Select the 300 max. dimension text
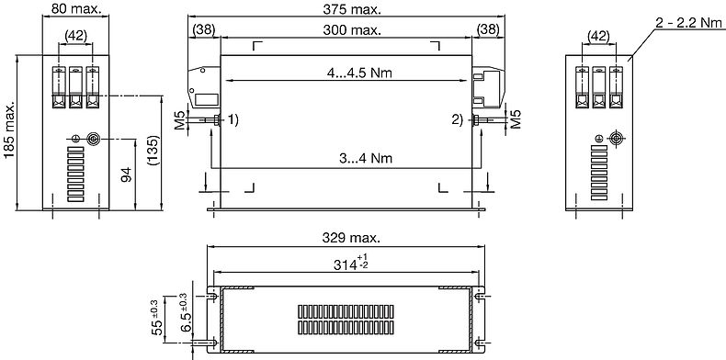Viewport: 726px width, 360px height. click(x=352, y=30)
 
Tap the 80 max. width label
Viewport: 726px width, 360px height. click(x=76, y=8)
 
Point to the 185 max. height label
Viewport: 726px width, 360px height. click(x=9, y=130)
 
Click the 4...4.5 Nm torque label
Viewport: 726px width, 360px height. click(x=357, y=73)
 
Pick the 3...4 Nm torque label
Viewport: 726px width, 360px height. click(x=366, y=158)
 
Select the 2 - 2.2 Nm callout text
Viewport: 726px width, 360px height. click(x=689, y=23)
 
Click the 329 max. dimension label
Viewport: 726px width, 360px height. click(x=351, y=238)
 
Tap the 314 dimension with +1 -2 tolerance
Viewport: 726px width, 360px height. click(x=351, y=263)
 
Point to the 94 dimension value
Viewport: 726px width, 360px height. click(x=127, y=174)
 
